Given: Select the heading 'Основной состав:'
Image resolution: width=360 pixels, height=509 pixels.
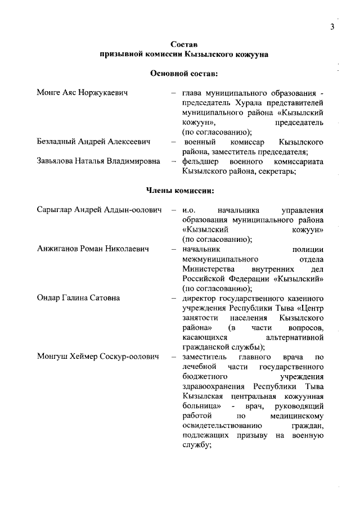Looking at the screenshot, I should (x=181, y=73).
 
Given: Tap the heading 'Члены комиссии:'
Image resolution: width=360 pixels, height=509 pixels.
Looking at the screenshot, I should (x=180, y=190).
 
